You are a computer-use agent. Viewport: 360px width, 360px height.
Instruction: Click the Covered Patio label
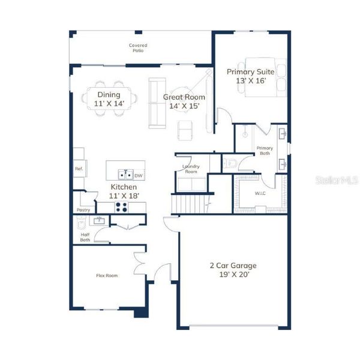pyautogui.click(x=138, y=48)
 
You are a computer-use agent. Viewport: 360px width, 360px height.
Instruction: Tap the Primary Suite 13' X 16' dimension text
pyautogui.click(x=251, y=81)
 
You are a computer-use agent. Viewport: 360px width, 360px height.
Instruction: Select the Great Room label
pyautogui.click(x=184, y=97)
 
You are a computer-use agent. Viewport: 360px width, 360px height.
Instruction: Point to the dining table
pyautogui.click(x=109, y=98)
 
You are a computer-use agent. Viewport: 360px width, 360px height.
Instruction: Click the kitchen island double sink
pyautogui.click(x=125, y=175)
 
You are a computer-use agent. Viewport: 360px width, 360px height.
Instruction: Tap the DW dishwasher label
pyautogui.click(x=139, y=176)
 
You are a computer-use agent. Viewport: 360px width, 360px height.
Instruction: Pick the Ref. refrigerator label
pyautogui.click(x=79, y=169)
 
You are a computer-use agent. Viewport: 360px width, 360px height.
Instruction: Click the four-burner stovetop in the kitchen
pyautogui.click(x=121, y=207)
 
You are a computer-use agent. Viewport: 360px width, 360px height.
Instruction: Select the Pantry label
pyautogui.click(x=83, y=210)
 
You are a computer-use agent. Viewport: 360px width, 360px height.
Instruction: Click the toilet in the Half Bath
pyautogui.click(x=80, y=223)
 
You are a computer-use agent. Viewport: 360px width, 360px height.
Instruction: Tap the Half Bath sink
pyautogui.click(x=99, y=221)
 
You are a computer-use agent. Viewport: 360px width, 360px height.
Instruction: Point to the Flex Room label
pyautogui.click(x=107, y=275)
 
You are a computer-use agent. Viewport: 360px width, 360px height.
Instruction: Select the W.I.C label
pyautogui.click(x=260, y=193)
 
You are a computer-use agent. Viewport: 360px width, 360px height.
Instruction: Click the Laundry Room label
pyautogui.click(x=191, y=169)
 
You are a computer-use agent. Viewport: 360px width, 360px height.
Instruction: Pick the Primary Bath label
pyautogui.click(x=265, y=151)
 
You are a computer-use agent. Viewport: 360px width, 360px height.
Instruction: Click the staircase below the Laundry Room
pyautogui.click(x=191, y=203)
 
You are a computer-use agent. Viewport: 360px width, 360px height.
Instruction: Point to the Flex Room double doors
pyautogui.click(x=139, y=262)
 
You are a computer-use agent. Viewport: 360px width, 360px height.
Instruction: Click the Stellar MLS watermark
pyautogui.click(x=337, y=180)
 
